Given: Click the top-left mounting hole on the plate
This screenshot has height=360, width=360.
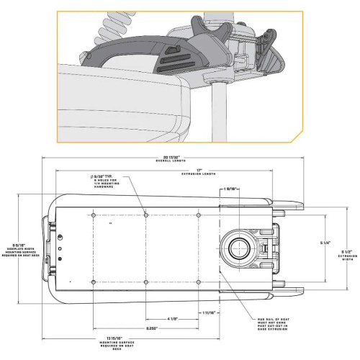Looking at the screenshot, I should (95, 215).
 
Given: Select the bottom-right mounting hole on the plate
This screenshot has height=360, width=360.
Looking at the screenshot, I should (199, 281).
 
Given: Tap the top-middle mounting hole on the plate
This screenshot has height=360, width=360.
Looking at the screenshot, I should (146, 215).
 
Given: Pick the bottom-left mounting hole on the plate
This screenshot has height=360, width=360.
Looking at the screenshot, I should (95, 281).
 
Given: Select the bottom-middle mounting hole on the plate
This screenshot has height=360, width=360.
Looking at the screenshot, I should (146, 281).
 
